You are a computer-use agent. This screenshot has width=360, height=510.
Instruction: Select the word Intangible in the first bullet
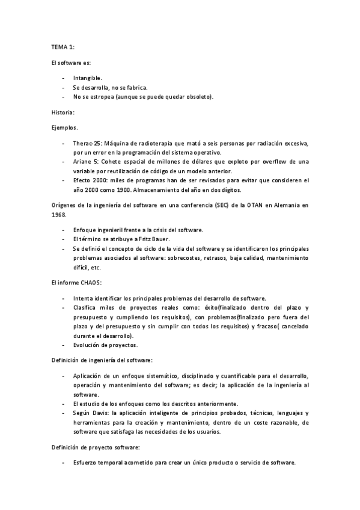pos(87,78)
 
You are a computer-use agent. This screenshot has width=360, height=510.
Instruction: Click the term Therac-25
pos(86,144)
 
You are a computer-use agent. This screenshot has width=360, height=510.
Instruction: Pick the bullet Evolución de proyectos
pos(105,345)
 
